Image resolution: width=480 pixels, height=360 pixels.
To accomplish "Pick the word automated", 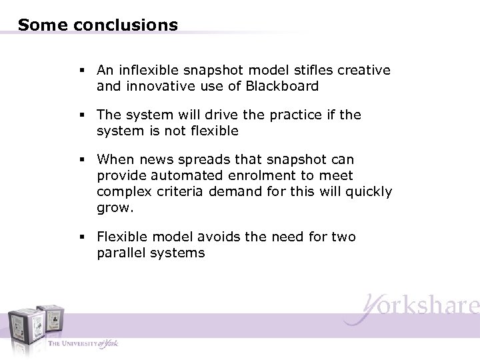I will (174, 176).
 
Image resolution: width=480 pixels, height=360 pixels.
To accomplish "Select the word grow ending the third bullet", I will (114, 207).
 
